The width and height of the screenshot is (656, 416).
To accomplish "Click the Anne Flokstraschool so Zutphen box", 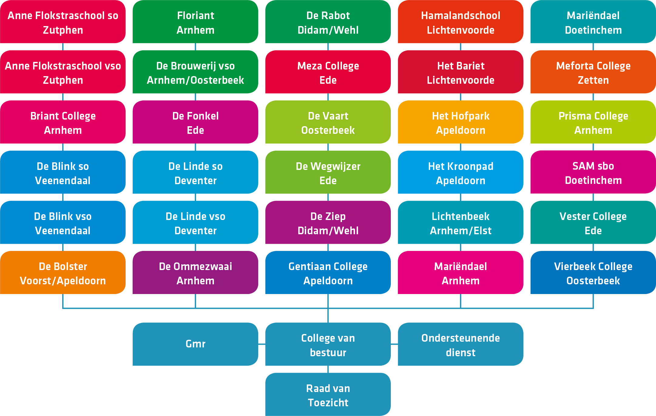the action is (63, 22).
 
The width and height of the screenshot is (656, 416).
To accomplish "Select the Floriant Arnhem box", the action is (195, 22).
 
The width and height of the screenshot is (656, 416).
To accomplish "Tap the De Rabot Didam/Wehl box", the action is (328, 22).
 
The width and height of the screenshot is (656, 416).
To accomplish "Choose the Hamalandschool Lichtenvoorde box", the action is (461, 22).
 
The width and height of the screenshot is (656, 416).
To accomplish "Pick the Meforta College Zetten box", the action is (593, 72).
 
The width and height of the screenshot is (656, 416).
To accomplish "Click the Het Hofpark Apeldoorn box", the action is (461, 122).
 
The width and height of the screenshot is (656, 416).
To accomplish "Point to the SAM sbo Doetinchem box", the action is (593, 172).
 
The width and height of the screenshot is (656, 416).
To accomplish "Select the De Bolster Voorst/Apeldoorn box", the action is (63, 272).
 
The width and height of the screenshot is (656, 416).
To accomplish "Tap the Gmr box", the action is (195, 344).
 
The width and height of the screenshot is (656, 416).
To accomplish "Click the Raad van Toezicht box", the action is (328, 394).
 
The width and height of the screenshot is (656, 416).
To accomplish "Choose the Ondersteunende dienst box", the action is (461, 344).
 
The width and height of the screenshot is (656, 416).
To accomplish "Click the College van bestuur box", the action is (328, 344).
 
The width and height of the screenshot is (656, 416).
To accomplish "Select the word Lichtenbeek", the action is (461, 216).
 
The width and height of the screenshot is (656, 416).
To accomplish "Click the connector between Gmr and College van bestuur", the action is (262, 344).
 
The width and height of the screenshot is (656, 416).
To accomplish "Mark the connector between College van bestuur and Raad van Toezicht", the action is (328, 369).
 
